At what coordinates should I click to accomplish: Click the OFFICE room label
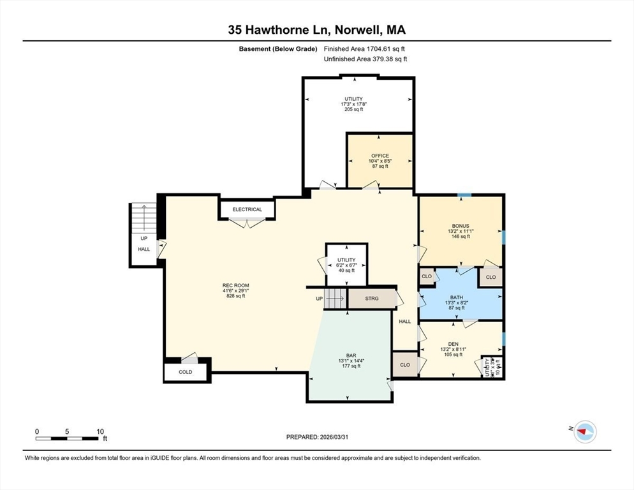(380, 156)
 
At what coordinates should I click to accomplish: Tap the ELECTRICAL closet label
(247, 209)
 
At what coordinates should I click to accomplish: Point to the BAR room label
(351, 355)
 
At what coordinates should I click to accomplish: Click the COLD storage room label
(185, 372)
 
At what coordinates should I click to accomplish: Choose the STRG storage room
(372, 299)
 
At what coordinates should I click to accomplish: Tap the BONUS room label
(460, 226)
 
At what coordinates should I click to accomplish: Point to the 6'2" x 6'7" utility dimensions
(346, 265)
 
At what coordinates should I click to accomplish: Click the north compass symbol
(584, 432)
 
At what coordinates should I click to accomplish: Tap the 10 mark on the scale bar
(100, 431)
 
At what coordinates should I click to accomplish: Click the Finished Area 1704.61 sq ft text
(365, 48)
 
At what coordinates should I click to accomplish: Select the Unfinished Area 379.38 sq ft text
(365, 59)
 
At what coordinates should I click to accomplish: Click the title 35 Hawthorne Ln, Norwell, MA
(317, 29)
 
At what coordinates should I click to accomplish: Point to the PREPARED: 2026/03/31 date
(317, 437)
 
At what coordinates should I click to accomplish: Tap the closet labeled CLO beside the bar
(404, 366)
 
